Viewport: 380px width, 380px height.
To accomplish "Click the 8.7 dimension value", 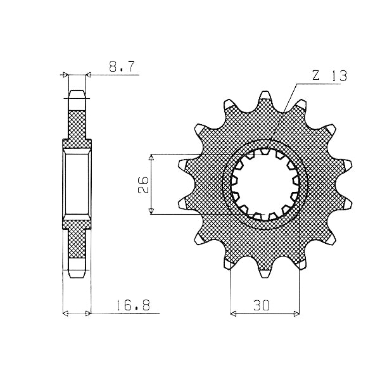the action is pyautogui.click(x=121, y=66).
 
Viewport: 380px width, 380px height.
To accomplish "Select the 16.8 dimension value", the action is pyautogui.click(x=133, y=305).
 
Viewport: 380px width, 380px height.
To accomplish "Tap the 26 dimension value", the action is pyautogui.click(x=143, y=184).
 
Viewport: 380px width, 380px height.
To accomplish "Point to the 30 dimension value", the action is pyautogui.click(x=262, y=305).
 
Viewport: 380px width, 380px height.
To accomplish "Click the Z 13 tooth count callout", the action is pyautogui.click(x=329, y=76).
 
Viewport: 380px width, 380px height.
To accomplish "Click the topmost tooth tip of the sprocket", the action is pyautogui.click(x=265, y=92).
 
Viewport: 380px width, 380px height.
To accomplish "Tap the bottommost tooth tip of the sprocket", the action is pyautogui.click(x=265, y=277).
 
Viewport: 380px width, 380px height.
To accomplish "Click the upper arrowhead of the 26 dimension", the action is pyautogui.click(x=151, y=156).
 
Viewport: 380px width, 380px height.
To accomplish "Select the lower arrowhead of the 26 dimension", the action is pyautogui.click(x=151, y=212).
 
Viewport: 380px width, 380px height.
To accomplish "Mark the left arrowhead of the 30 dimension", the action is pyautogui.click(x=232, y=314).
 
